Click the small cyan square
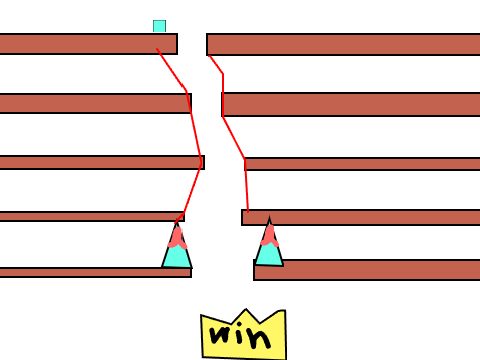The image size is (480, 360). tap(159, 26)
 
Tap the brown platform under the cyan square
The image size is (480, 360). tap(88, 44)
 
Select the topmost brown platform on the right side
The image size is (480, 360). tap(343, 44)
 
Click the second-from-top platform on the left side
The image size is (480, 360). tap(95, 103)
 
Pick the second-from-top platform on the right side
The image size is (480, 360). tap(351, 104)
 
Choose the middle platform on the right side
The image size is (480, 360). tap(362, 164)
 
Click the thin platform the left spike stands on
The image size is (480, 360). tap(96, 272)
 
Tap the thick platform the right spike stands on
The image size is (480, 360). tap(367, 270)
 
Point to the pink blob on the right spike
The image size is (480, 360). tap(269, 236)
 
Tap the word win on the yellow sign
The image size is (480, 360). tap(240, 336)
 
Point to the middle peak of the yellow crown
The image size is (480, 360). tap(246, 310)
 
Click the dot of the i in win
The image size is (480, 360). tap(239, 324)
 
